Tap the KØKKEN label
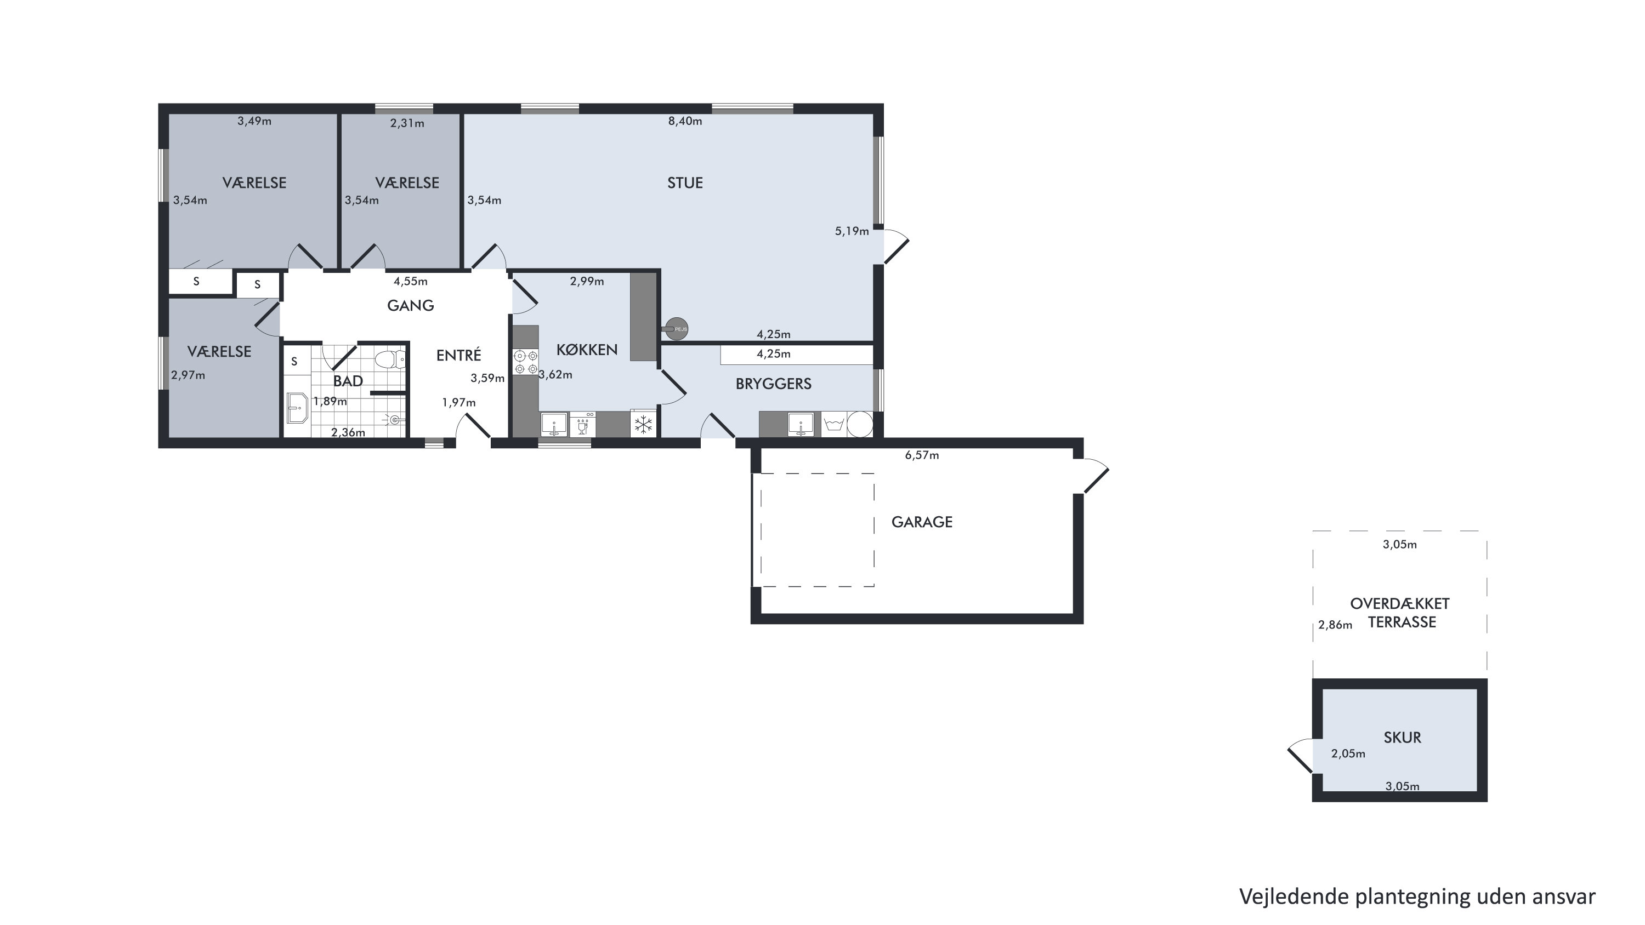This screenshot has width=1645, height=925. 587,350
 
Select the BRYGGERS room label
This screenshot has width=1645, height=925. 773,384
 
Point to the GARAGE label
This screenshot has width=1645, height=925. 922,522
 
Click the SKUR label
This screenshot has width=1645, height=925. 1402,738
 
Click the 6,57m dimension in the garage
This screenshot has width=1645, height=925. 922,455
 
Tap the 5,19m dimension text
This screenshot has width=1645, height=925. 852,231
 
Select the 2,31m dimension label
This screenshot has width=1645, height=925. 407,123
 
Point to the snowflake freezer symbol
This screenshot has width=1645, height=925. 643,424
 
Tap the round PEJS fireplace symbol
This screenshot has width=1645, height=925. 676,329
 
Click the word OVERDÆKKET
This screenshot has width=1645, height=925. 1400,604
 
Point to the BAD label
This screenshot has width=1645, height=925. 348,381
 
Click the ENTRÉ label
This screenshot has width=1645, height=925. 458,355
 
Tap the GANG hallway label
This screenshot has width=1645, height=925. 411,306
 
